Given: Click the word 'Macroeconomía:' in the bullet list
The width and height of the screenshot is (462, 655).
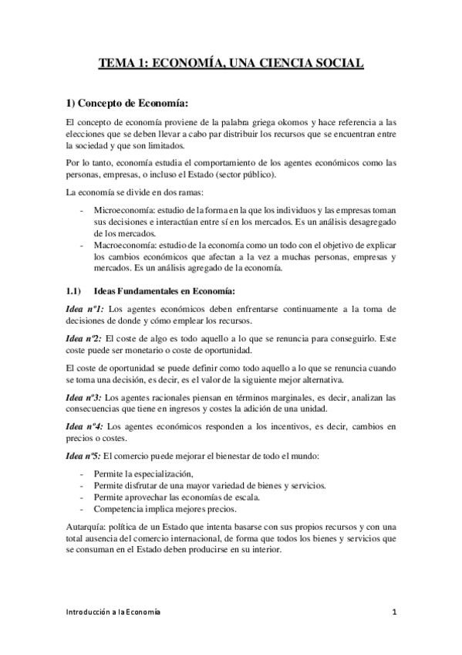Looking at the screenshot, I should [123, 245].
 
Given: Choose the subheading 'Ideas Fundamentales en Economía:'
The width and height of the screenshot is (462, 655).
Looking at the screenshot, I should [167, 290].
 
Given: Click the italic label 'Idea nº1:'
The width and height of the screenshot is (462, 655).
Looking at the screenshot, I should [83, 309].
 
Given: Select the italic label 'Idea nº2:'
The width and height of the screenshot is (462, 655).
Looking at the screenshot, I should [83, 338].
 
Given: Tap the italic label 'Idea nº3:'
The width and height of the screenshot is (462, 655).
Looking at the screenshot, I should [83, 397].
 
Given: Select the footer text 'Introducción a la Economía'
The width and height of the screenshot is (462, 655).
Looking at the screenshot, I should [113, 613].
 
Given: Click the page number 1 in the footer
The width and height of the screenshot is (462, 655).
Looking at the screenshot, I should [393, 613].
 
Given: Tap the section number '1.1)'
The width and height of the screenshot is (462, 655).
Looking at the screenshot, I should [71, 290].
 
